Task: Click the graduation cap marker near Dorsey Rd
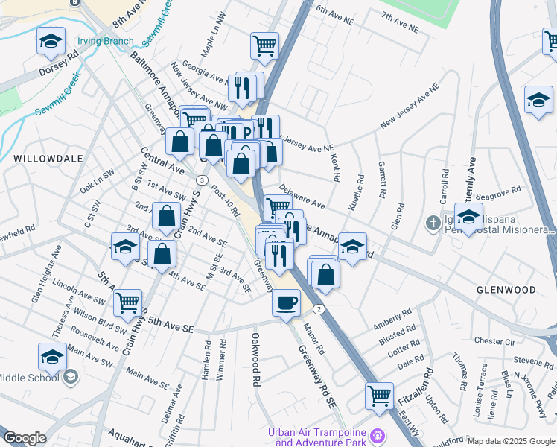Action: [x=51, y=42]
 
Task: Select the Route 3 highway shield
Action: [x=202, y=180]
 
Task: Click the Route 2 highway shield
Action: [x=318, y=308]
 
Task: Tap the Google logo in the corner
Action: [x=25, y=437]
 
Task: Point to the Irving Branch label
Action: [x=106, y=41]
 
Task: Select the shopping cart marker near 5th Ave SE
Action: [x=128, y=303]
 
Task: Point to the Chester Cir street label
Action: [x=494, y=340]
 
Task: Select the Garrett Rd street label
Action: [x=381, y=180]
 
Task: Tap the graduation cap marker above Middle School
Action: [x=51, y=358]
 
